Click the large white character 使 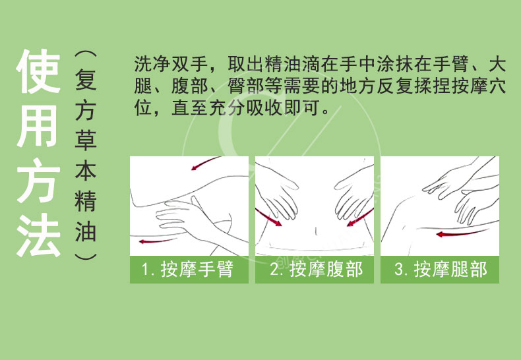pyautogui.click(x=38, y=71)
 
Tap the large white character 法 pyautogui.click(x=38, y=235)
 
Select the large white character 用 pyautogui.click(x=37, y=126)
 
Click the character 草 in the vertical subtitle pyautogui.click(x=85, y=141)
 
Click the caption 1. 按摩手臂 pyautogui.click(x=187, y=269)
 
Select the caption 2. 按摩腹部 pyautogui.click(x=316, y=269)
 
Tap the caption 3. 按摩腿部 pyautogui.click(x=441, y=269)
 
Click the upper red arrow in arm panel pyautogui.click(x=204, y=163)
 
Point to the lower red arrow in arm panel pyautogui.click(x=157, y=241)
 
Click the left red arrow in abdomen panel pyautogui.click(x=268, y=218)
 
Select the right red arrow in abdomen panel pyautogui.click(x=360, y=218)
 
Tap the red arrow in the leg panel pyautogui.click(x=462, y=233)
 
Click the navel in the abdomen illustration pyautogui.click(x=316, y=231)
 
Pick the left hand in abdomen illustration pyautogui.click(x=278, y=193)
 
